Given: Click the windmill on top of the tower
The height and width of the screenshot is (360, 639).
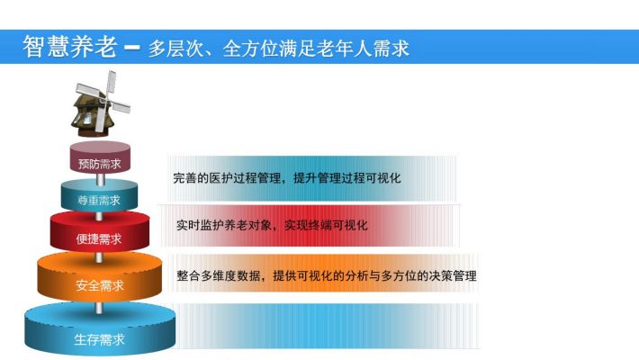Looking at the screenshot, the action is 101,104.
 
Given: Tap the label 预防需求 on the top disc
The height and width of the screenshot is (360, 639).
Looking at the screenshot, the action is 100,164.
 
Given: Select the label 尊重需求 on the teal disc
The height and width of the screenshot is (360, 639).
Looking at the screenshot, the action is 99,200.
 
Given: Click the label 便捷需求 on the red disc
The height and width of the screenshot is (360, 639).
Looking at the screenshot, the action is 99,238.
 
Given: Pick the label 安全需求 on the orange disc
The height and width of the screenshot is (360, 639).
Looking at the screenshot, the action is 100,285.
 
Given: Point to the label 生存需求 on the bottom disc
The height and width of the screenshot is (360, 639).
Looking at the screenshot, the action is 99,339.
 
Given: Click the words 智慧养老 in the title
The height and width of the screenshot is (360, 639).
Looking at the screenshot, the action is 70,47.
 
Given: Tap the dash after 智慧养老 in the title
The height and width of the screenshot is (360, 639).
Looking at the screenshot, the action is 132,48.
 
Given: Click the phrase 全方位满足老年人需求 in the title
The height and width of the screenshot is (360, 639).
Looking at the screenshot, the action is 316,49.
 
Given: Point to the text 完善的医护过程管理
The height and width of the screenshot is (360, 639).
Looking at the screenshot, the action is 228,178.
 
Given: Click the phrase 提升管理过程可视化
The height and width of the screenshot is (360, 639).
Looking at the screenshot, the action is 347,178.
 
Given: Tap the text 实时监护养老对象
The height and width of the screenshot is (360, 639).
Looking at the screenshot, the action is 224,225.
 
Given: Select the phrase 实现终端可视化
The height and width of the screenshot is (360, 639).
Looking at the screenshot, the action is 326,225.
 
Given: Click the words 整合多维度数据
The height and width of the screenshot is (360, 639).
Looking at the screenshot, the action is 219,276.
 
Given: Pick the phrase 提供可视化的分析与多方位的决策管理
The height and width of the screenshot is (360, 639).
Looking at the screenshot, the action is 374,276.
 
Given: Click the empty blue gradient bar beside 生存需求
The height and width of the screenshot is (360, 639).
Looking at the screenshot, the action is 326,325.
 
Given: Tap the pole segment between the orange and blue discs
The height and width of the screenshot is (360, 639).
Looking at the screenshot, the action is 99,308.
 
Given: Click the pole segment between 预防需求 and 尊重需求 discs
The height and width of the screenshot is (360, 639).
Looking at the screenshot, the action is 100,178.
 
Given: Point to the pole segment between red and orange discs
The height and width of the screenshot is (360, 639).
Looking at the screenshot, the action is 99,256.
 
